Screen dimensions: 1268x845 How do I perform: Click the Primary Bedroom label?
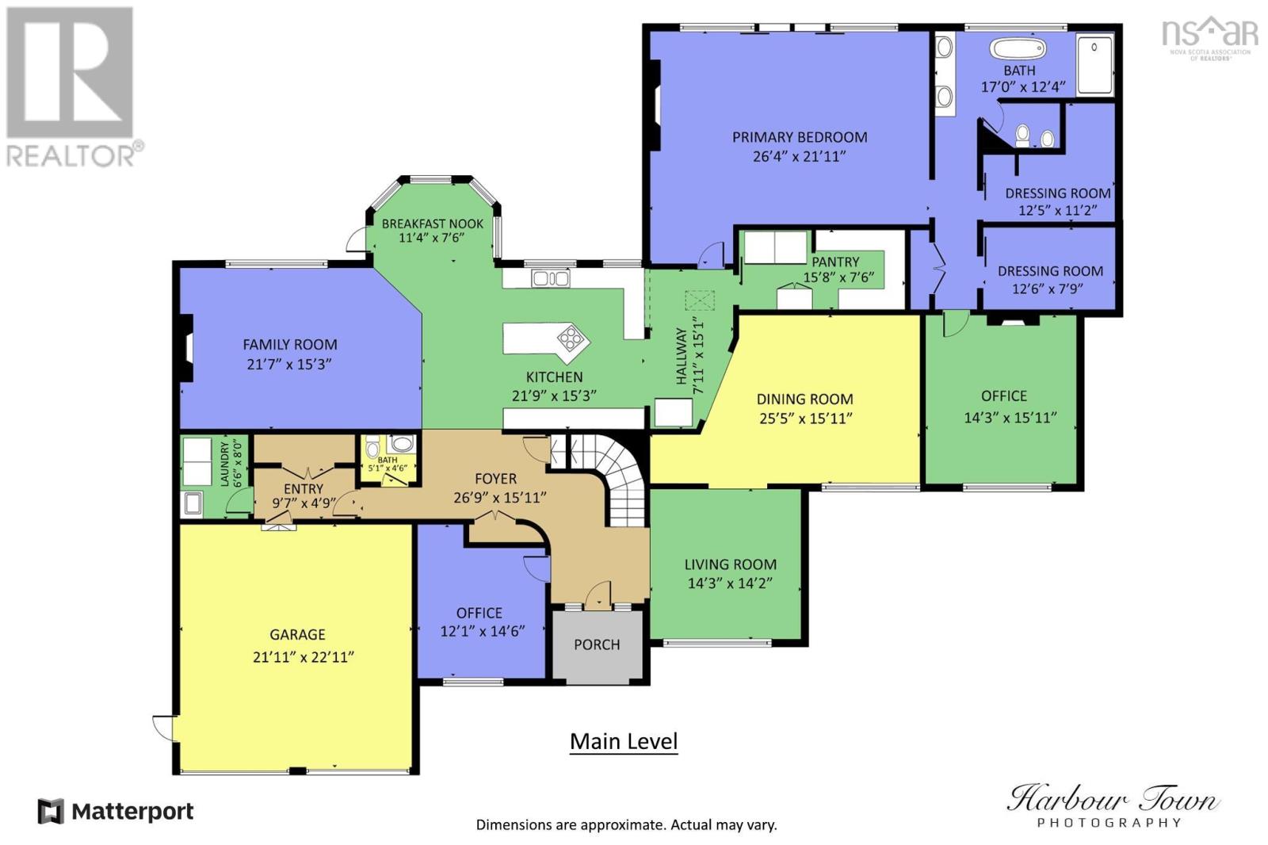(x=800, y=137)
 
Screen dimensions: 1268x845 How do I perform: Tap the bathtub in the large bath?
(x=1018, y=48)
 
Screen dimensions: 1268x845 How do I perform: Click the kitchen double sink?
(x=550, y=278)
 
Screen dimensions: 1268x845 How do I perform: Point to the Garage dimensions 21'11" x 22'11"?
(x=304, y=657)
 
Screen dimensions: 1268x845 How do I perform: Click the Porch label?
(x=597, y=644)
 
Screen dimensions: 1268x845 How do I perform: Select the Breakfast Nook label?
(x=433, y=224)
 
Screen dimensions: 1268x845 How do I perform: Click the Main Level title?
(x=623, y=741)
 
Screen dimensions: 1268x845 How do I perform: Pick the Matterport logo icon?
(x=51, y=812)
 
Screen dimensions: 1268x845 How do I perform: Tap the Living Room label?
(x=730, y=564)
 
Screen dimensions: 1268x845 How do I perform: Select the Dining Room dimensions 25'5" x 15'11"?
(x=805, y=419)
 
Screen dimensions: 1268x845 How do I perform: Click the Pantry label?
(x=835, y=262)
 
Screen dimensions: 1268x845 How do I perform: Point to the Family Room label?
(x=290, y=344)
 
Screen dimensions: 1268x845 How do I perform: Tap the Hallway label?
(x=681, y=356)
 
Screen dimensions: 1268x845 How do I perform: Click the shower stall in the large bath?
(x=1094, y=64)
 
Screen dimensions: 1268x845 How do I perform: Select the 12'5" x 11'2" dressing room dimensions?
(x=1057, y=211)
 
